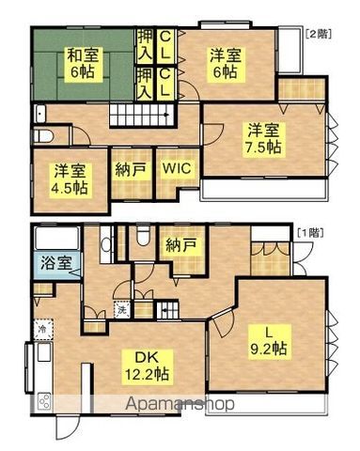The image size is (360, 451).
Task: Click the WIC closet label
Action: [x=175, y=170]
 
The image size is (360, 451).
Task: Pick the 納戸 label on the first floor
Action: [x=181, y=246]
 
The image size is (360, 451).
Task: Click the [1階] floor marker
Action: [x=310, y=229]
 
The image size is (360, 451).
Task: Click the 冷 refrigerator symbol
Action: [x=42, y=329]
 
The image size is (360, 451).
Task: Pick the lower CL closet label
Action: [x=164, y=88]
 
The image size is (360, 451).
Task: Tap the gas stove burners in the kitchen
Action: [x=44, y=402]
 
